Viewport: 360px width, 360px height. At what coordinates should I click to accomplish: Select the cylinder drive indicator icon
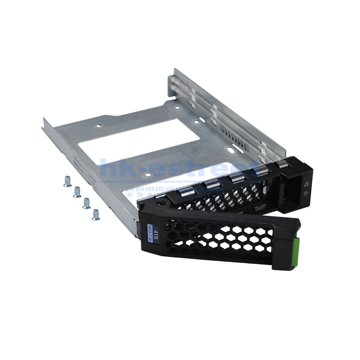305,194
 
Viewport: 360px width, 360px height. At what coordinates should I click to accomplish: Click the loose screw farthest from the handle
67,181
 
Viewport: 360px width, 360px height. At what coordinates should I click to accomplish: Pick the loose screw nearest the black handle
96,214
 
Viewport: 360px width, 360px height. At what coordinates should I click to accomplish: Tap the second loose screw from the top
77,192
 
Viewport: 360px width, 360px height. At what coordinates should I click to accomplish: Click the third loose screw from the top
86,203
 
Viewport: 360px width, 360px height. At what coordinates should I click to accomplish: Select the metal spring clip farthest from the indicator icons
184,192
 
